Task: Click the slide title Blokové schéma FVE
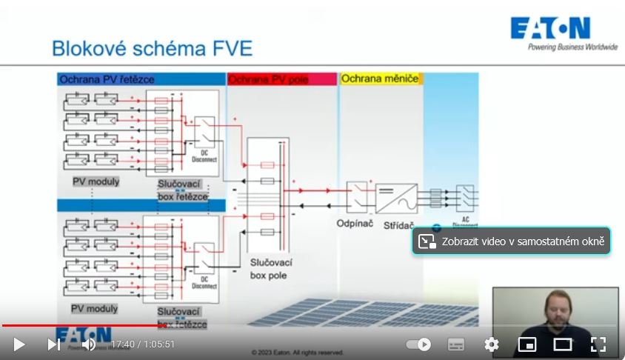pos(152,49)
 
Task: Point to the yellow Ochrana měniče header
pos(380,79)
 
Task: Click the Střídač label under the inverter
pos(398,224)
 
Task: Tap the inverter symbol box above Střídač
pos(396,198)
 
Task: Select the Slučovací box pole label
pos(271,269)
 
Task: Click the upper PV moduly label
pos(96,181)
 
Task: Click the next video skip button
pos(54,344)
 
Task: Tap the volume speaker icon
pos(88,344)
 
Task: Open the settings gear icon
pos(491,344)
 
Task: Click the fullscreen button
pos(598,344)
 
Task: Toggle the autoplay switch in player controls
pos(419,344)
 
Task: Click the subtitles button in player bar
pos(456,344)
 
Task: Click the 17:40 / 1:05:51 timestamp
pos(143,344)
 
